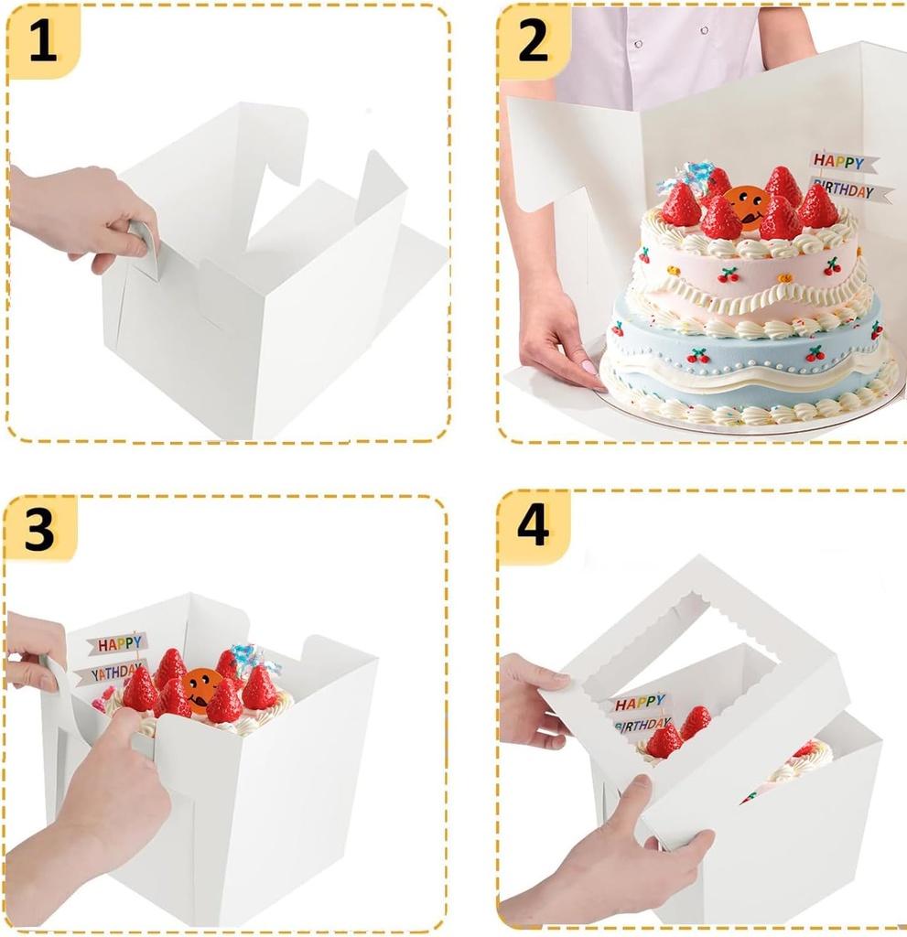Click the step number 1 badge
[42, 42]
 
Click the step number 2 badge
[534, 42]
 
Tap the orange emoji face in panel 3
[201, 685]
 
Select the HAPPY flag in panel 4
[640, 704]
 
